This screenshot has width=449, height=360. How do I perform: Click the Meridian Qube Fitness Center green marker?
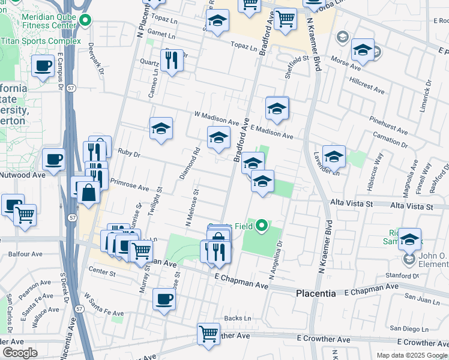tap(85, 21)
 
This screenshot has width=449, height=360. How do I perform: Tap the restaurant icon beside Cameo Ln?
tap(172, 60)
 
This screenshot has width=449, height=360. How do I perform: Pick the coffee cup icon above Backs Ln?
tap(164, 299)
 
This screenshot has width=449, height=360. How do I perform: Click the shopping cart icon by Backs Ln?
tap(208, 333)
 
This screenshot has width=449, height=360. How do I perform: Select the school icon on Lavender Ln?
tap(334, 156)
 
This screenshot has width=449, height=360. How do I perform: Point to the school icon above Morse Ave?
tap(363, 50)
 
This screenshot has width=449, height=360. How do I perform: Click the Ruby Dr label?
tap(129, 154)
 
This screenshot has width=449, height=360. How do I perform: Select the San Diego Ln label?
tap(411, 328)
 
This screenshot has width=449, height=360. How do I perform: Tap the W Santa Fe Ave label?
tap(104, 305)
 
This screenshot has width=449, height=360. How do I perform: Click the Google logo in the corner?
tap(20, 353)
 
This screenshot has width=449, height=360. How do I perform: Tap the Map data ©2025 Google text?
tap(411, 355)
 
